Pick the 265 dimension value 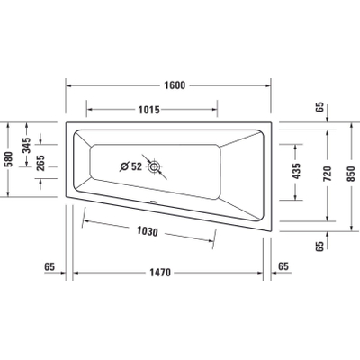40,162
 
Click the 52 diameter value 134,166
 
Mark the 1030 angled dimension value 149,231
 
